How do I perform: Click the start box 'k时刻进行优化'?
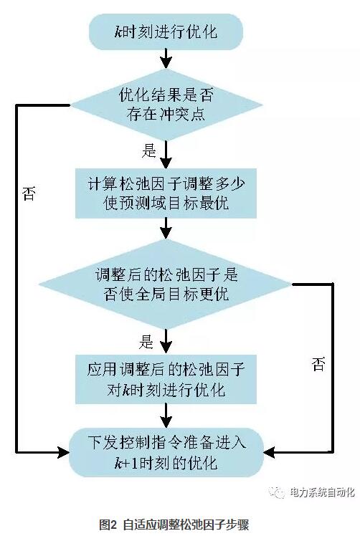[166, 32]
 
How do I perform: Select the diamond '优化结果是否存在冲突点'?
[166, 105]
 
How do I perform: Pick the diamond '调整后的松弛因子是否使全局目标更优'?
[166, 284]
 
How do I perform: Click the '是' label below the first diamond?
[150, 150]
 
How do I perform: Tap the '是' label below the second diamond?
[147, 340]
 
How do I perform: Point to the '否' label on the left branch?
[29, 195]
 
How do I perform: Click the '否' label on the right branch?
[318, 364]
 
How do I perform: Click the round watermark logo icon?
[275, 492]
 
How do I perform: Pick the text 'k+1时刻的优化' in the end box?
[166, 463]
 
